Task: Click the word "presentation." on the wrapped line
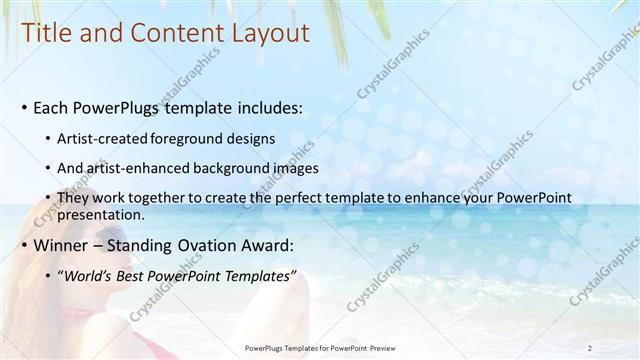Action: [x=100, y=214]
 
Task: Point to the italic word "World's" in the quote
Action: [x=89, y=276]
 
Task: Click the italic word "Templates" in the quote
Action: [x=256, y=276]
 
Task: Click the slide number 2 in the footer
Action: [x=590, y=348]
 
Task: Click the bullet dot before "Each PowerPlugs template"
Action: [x=24, y=108]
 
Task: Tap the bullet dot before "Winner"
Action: [x=24, y=246]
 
